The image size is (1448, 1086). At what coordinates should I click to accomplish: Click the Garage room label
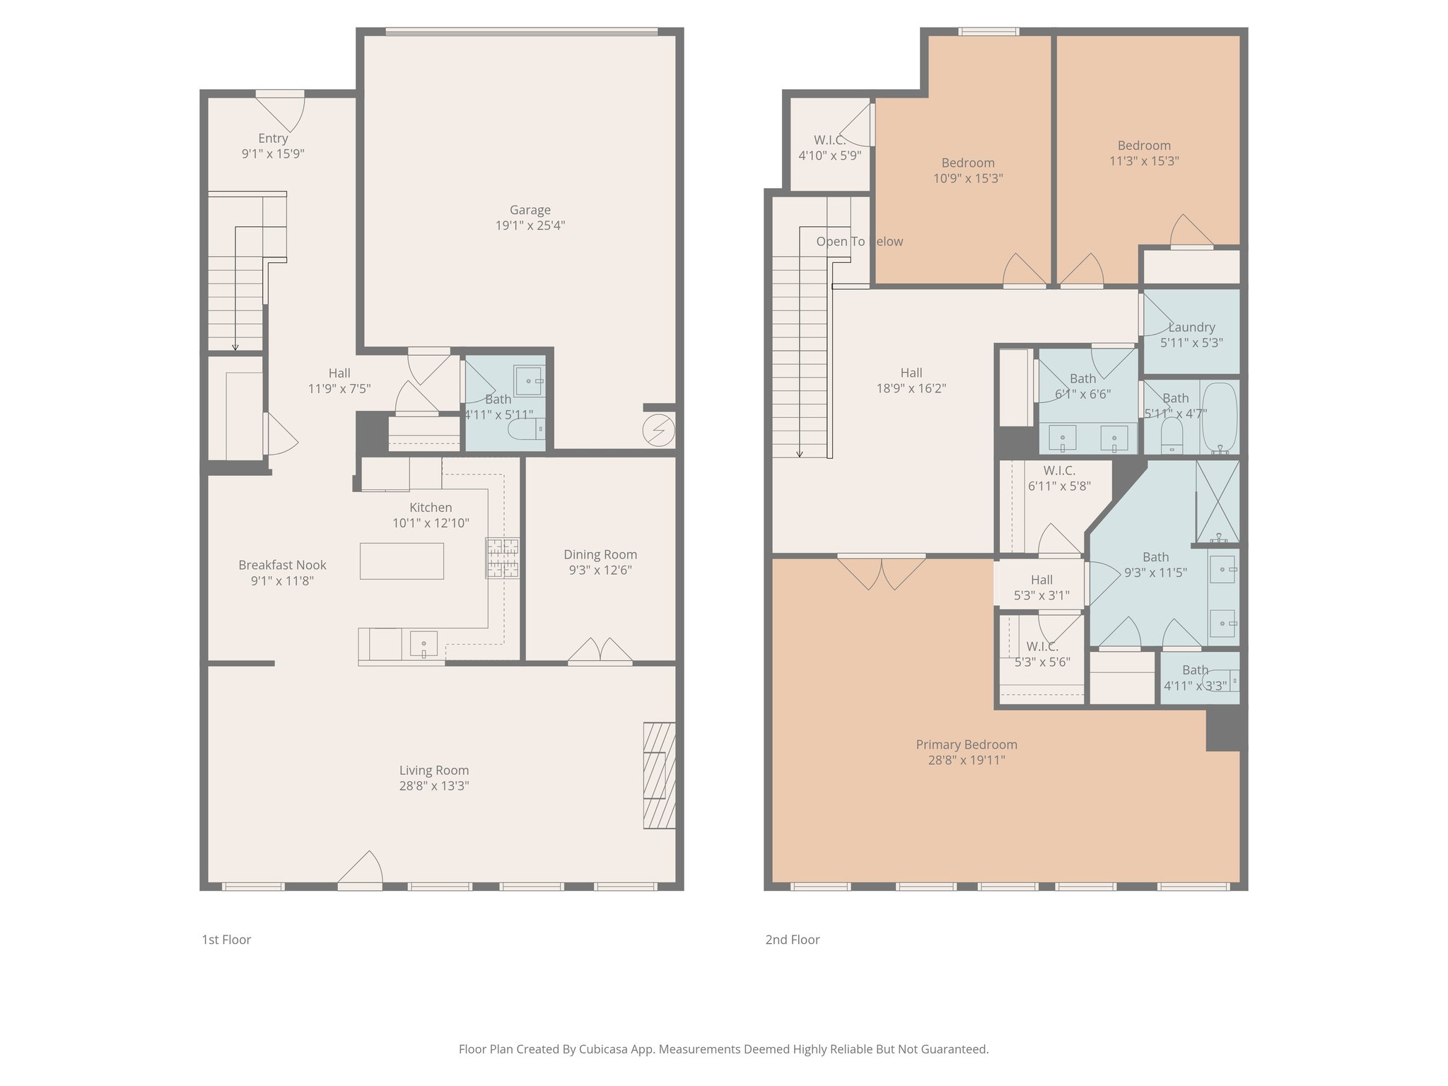point(530,210)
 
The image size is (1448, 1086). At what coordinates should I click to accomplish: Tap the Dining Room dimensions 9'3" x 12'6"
point(600,570)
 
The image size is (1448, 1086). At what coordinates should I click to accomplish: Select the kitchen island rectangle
point(402,561)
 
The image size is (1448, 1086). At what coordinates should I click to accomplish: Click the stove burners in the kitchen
point(501,557)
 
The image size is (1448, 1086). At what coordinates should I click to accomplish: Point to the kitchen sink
point(424,644)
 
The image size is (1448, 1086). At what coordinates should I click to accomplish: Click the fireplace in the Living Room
point(658,775)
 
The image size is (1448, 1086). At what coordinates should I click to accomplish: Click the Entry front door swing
point(281,112)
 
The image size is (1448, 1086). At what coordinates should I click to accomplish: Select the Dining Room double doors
point(600,651)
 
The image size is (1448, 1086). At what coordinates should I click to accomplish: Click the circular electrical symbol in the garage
point(658,430)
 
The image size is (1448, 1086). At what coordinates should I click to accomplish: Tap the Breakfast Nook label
point(282,565)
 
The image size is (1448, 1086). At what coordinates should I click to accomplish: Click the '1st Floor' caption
point(226,940)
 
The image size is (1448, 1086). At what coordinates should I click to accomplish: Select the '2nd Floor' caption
point(792,940)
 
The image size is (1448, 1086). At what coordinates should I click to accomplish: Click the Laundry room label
point(1191,327)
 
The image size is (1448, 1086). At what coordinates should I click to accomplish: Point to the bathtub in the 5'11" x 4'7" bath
point(1220,417)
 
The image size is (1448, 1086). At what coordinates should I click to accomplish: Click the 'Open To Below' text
point(859,242)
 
